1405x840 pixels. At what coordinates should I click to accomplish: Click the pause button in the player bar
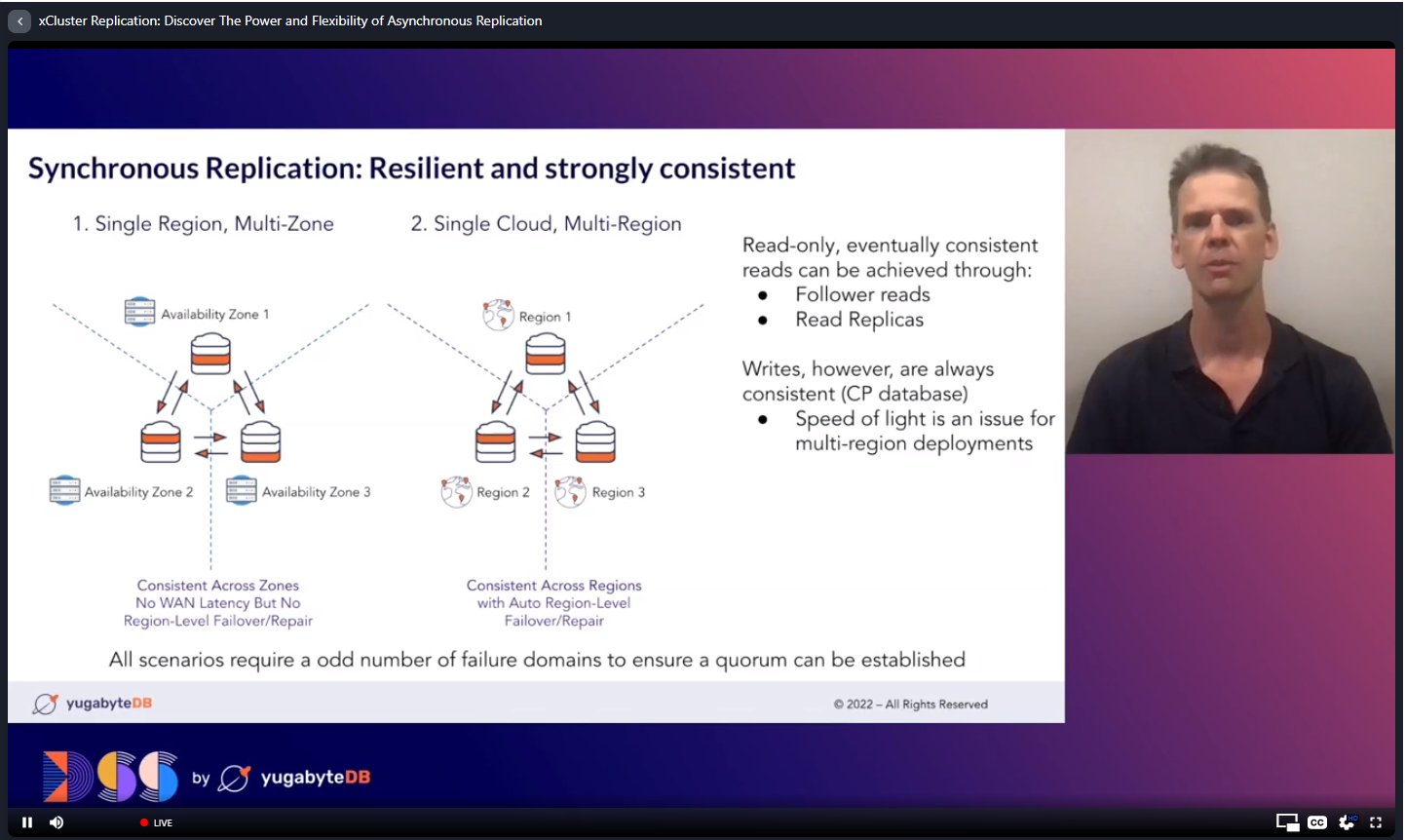[27, 821]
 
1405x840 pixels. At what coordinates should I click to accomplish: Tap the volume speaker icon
[57, 821]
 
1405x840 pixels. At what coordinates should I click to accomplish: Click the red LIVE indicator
[156, 822]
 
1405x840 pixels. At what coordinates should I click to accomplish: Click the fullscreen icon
[1376, 821]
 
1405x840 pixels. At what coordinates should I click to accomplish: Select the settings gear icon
[1346, 821]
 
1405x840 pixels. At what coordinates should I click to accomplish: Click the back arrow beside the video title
[19, 20]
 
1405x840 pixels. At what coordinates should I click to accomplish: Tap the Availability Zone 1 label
[215, 314]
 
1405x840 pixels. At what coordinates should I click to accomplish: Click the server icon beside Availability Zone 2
[64, 490]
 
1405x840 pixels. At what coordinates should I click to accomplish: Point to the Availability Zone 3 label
[316, 492]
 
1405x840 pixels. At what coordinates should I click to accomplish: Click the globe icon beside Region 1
[498, 315]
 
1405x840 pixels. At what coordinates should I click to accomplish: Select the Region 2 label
[503, 492]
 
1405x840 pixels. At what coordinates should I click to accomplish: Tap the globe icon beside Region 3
[570, 492]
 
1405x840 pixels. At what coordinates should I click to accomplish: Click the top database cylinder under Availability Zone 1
[210, 354]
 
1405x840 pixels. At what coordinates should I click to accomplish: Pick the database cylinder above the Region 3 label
[595, 441]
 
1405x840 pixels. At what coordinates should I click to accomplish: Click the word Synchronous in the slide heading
[113, 169]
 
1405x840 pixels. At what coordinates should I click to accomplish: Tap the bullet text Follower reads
[862, 294]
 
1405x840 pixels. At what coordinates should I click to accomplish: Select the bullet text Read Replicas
[859, 320]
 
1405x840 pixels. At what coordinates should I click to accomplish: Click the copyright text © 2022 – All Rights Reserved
[911, 704]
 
